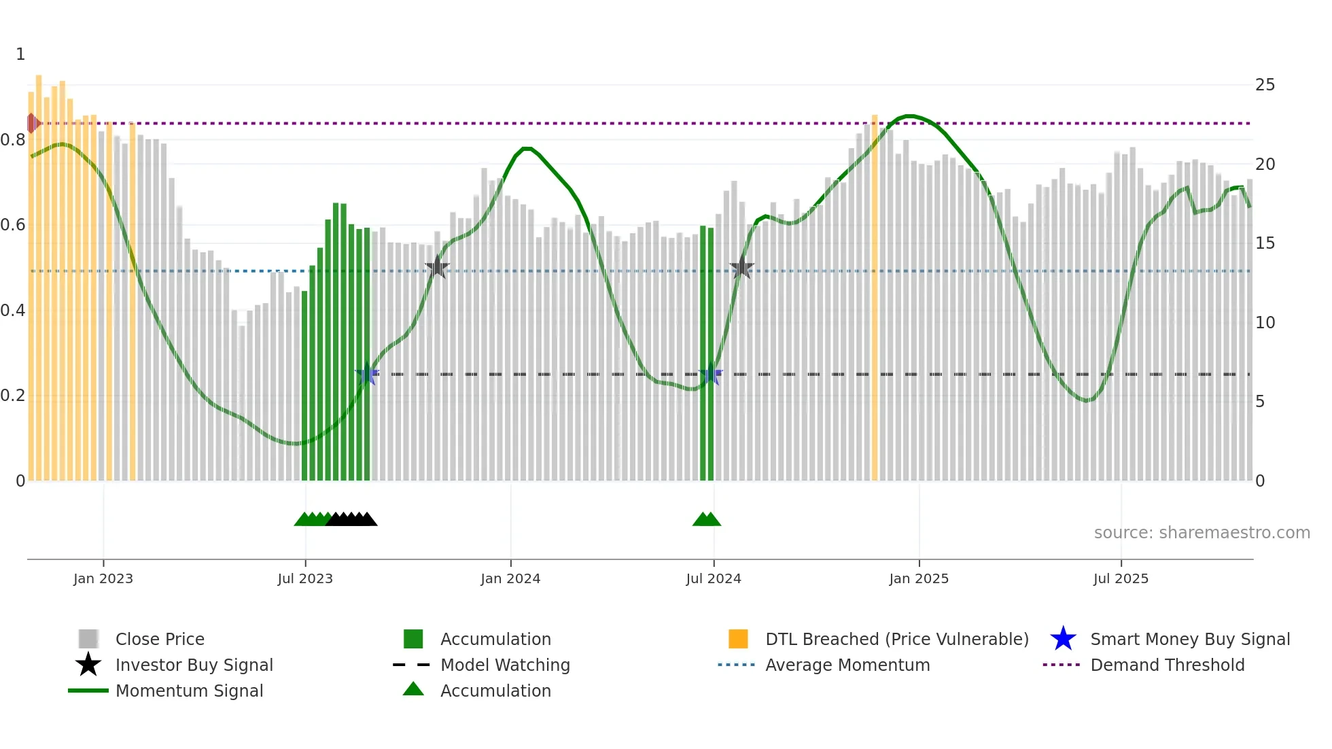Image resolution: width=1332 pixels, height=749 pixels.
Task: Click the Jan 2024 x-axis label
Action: [510, 579]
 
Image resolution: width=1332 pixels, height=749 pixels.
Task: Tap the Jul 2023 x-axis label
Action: [305, 579]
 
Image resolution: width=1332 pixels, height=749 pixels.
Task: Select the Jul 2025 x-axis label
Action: [1121, 579]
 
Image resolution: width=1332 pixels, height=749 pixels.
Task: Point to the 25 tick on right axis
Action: [1265, 85]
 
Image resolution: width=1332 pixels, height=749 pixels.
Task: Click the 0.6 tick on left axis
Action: [13, 225]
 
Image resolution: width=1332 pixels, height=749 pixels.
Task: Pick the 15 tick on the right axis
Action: [1265, 243]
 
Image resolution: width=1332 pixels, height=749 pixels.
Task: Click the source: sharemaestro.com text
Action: [1202, 533]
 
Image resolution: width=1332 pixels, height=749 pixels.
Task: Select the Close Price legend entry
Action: [160, 640]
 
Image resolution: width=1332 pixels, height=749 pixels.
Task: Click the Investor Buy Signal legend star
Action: [88, 665]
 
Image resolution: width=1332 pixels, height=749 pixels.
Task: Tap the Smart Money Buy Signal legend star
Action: [1063, 640]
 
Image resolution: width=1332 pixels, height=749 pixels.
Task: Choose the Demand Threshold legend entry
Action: [1167, 665]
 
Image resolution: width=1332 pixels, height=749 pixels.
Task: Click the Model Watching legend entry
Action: [504, 665]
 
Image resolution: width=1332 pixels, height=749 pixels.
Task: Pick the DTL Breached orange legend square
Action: [738, 640]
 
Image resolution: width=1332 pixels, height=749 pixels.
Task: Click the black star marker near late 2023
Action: [437, 268]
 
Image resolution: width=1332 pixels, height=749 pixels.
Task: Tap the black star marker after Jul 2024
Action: [741, 268]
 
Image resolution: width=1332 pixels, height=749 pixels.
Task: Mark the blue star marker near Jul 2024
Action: [711, 374]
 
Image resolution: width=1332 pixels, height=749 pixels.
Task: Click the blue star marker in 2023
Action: [367, 374]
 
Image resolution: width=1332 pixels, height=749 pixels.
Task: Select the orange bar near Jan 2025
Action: [875, 299]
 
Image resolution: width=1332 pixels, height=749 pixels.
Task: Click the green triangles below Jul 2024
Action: [707, 520]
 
